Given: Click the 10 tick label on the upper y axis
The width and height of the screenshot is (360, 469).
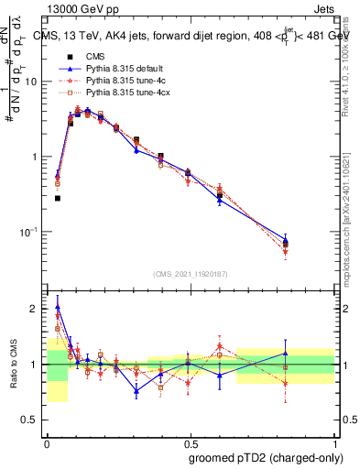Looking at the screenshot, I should pos(35,82).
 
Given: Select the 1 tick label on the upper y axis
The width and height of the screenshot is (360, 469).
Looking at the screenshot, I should pos(38,157).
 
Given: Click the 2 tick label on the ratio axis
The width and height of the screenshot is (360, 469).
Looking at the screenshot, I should pos(38,309).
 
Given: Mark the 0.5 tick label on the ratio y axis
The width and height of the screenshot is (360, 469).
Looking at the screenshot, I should pos(34,420).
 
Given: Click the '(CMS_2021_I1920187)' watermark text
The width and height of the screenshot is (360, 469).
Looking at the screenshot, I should pos(190,274).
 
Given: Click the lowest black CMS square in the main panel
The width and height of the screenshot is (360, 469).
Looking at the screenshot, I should pos(58,198).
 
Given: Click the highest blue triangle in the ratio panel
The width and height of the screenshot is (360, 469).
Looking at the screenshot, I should pos(58,307).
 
